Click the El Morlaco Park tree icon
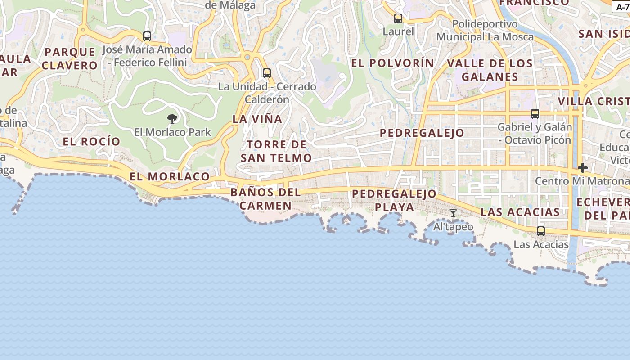pyautogui.click(x=172, y=119)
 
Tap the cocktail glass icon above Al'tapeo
pyautogui.click(x=453, y=213)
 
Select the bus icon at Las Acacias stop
pyautogui.click(x=541, y=231)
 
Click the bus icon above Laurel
pyautogui.click(x=398, y=18)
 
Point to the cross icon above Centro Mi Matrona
pyautogui.click(x=583, y=168)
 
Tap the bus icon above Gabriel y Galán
pyautogui.click(x=535, y=114)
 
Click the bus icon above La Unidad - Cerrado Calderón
pyautogui.click(x=267, y=73)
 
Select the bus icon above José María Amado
pyautogui.click(x=147, y=36)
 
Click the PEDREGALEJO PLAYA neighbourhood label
pyautogui.click(x=394, y=200)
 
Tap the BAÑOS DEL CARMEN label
pyautogui.click(x=265, y=199)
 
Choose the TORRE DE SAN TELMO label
pyautogui.click(x=276, y=151)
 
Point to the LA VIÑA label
pyautogui.click(x=257, y=119)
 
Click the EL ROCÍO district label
pyautogui.click(x=92, y=142)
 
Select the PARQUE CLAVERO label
pyautogui.click(x=70, y=58)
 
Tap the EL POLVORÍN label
pyautogui.click(x=392, y=63)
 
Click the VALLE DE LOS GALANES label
pyautogui.click(x=490, y=70)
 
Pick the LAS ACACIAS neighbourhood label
pyautogui.click(x=520, y=212)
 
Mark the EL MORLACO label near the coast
pyautogui.click(x=170, y=176)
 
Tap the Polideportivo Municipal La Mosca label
pyautogui.click(x=485, y=30)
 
